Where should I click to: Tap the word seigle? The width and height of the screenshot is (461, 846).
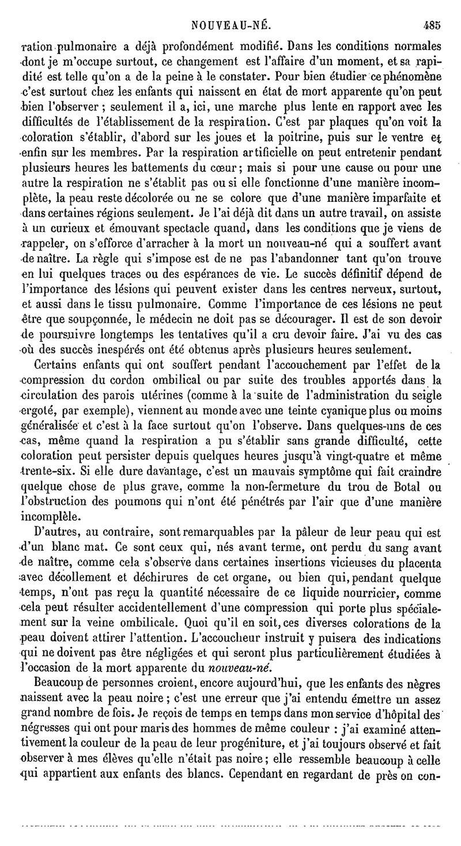pos(424,395)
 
